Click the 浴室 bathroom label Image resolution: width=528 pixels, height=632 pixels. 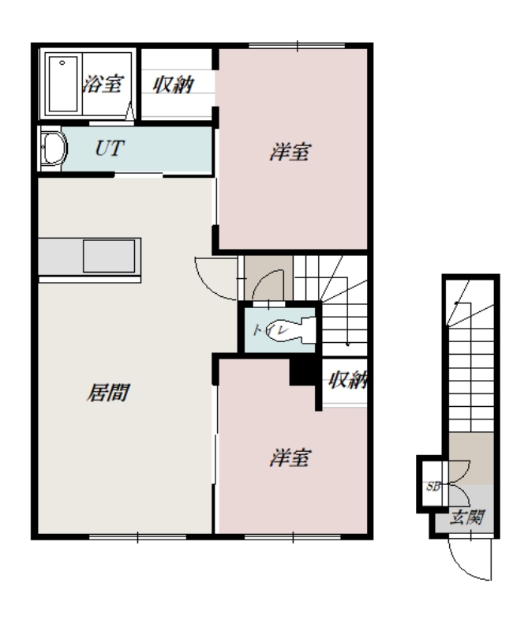tap(103, 84)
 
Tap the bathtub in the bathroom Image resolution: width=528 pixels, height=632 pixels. tap(63, 84)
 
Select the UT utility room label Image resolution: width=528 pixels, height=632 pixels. tap(110, 149)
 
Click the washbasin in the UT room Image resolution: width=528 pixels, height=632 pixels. tap(54, 149)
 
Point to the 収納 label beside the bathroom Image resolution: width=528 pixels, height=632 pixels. tap(174, 85)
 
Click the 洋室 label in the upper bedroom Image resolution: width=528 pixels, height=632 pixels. tap(290, 152)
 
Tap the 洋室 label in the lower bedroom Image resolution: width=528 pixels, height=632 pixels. tap(290, 458)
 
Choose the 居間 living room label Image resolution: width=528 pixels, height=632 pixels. tap(108, 393)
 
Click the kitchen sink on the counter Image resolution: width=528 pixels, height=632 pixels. tap(109, 256)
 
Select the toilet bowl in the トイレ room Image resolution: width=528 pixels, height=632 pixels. tap(295, 330)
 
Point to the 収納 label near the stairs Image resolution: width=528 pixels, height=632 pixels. tap(347, 380)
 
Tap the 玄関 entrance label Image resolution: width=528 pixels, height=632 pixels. tap(467, 517)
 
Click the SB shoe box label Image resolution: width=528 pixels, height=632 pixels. tap(433, 487)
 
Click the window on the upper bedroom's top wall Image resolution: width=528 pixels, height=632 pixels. tap(297, 46)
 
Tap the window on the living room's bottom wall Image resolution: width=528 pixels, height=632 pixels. tap(138, 537)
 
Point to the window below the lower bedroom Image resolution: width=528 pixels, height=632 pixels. tap(293, 537)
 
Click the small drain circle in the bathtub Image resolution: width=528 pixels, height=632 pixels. tap(62, 63)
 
